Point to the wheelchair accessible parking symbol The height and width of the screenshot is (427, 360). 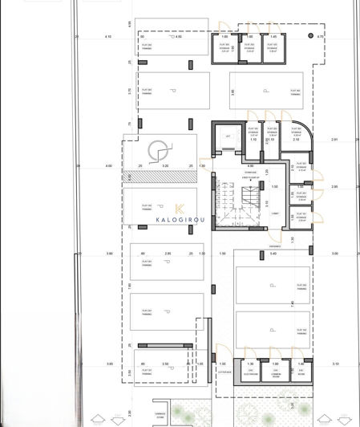tap(160, 149)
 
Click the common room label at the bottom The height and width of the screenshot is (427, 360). tap(276, 373)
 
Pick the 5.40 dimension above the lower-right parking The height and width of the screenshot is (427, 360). tap(273, 254)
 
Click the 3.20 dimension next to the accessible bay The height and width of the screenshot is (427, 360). tap(164, 166)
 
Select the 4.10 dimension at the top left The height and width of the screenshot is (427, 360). tap(108, 37)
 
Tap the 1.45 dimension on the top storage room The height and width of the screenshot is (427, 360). tap(273, 37)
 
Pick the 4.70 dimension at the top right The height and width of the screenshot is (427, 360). tap(320, 37)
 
